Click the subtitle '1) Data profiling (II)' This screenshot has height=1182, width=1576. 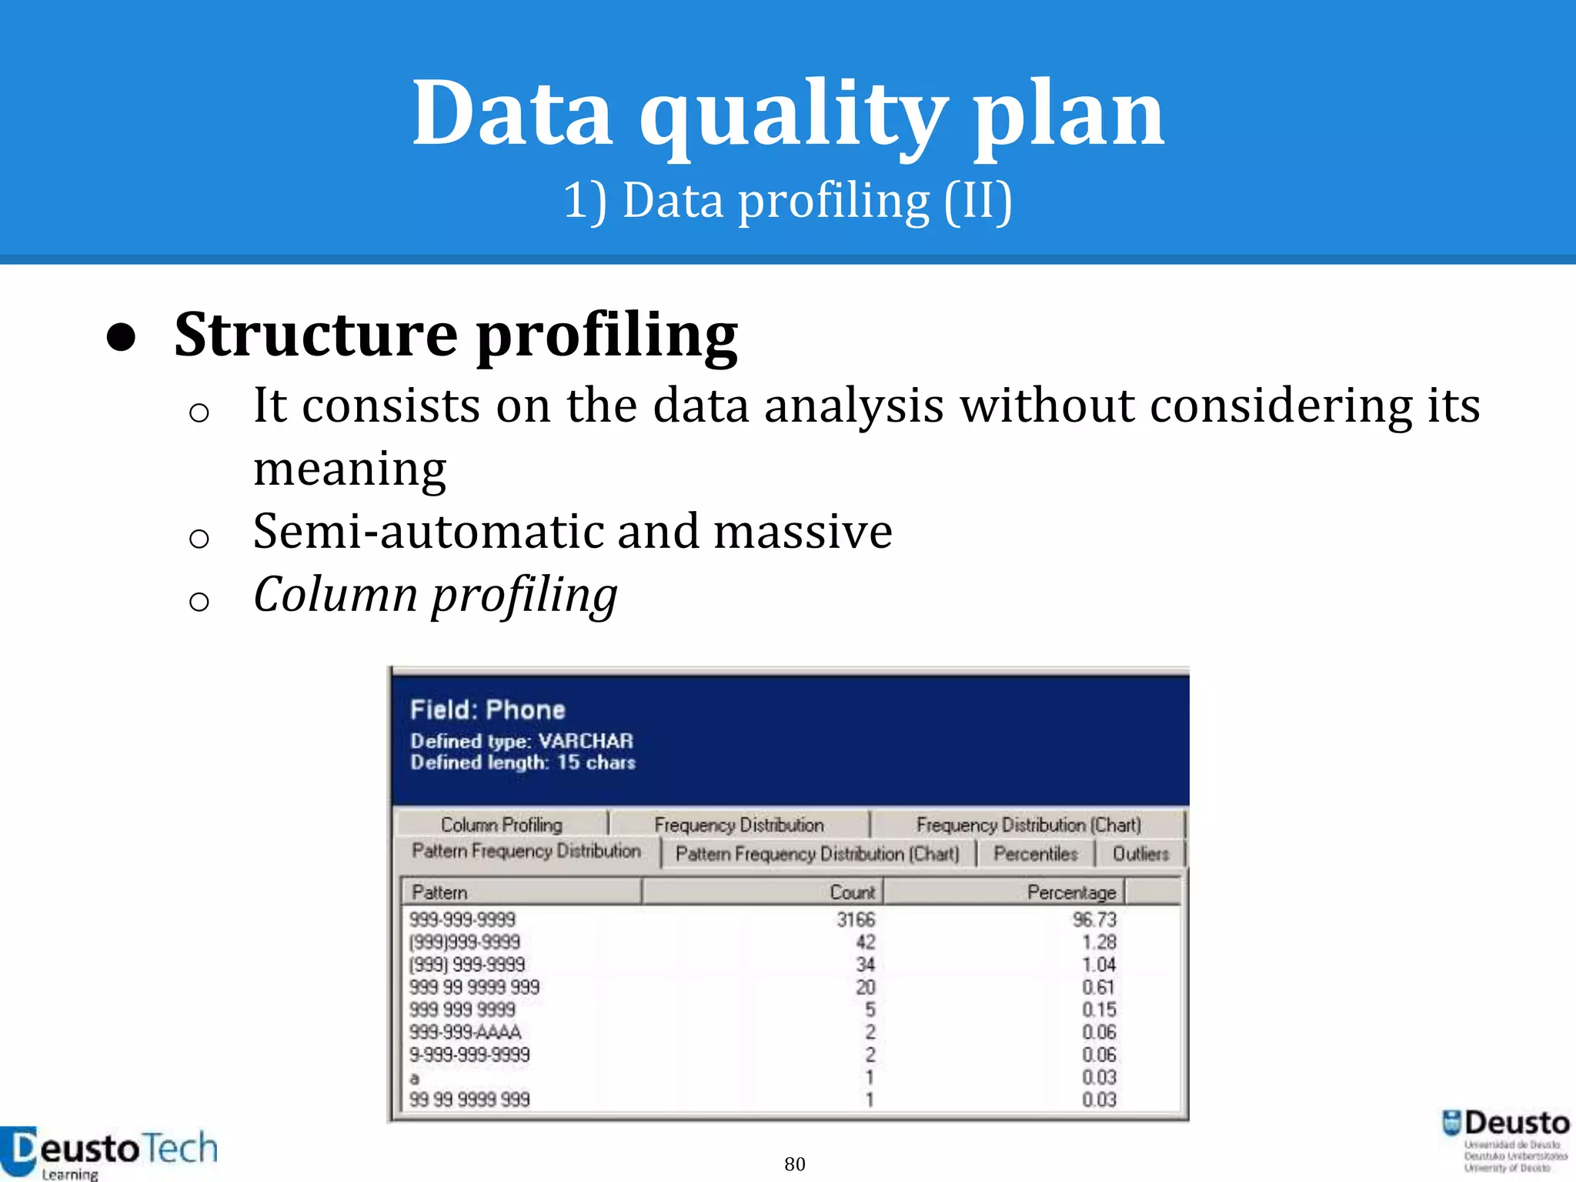(x=787, y=201)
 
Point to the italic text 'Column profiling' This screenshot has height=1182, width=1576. (x=435, y=595)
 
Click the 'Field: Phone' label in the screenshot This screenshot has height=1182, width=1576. (x=487, y=710)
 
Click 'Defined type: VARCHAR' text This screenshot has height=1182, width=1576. (x=521, y=741)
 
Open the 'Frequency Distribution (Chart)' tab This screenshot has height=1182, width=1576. (x=1028, y=825)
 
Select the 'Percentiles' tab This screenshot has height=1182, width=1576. (x=1035, y=854)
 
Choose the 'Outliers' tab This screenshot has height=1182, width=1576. (x=1140, y=854)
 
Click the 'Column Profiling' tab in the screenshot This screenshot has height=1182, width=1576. (x=501, y=825)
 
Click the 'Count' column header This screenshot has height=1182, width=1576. (x=852, y=893)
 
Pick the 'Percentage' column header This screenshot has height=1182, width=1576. (x=1071, y=893)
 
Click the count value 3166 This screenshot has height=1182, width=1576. (x=856, y=920)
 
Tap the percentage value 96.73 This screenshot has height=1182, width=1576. (x=1094, y=920)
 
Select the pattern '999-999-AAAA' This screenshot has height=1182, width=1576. (x=465, y=1032)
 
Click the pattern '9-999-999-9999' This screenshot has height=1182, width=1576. (x=469, y=1055)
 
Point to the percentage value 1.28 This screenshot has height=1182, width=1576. (x=1099, y=942)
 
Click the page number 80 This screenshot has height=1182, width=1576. (x=795, y=1164)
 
